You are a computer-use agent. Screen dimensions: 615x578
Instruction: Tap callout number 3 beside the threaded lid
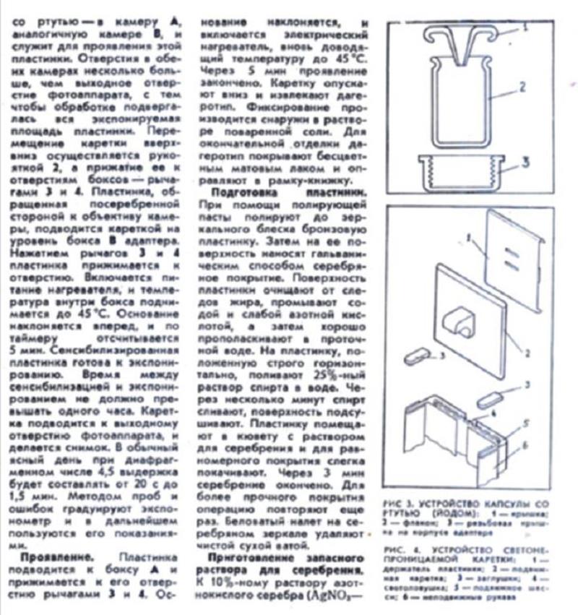point(526,161)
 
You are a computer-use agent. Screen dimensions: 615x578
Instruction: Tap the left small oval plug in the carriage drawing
point(417,356)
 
